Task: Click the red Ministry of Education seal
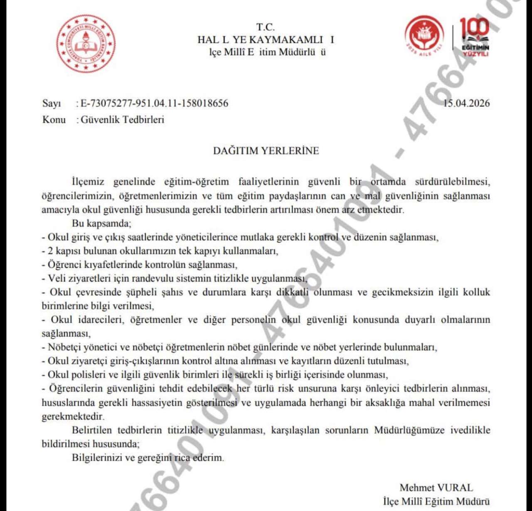tap(86, 44)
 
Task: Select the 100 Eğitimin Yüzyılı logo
tap(475, 37)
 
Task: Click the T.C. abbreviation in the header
tap(266, 27)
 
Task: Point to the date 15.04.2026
tap(466, 103)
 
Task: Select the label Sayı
tap(52, 103)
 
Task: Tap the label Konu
tap(54, 120)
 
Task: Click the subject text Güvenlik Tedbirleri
tap(122, 120)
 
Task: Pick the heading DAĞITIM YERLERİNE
tap(266, 151)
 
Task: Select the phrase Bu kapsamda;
tap(101, 223)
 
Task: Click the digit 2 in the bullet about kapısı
tap(50, 251)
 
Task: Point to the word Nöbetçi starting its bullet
tap(64, 347)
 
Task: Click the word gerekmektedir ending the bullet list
tap(73, 416)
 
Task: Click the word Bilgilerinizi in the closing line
tap(97, 457)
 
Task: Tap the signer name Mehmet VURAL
tap(436, 488)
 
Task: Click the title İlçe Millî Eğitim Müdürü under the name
tap(436, 501)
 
